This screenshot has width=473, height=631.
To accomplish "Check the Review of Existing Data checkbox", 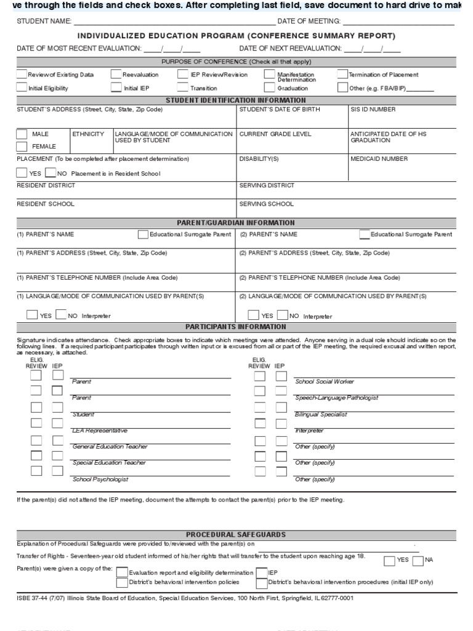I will [22, 75].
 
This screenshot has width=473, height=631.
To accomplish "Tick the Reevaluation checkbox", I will [116, 75].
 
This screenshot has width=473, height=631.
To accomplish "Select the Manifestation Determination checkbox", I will [269, 75].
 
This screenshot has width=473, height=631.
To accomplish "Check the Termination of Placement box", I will [342, 75].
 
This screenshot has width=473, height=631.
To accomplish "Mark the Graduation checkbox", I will [269, 88].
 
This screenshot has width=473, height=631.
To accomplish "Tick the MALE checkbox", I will [22, 134].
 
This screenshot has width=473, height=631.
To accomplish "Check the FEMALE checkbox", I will [22, 147].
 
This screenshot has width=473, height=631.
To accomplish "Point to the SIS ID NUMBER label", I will [373, 110].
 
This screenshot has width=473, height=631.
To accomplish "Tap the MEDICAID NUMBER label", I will [378, 159].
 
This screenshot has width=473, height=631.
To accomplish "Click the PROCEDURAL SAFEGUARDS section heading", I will [236, 535].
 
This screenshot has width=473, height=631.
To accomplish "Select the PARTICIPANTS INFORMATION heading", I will [236, 327].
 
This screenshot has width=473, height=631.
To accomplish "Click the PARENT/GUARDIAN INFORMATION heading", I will [236, 223].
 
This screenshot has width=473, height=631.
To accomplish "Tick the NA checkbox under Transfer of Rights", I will [418, 560].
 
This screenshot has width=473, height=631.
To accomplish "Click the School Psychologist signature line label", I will [100, 479].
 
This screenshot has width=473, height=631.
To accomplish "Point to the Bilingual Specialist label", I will [321, 415].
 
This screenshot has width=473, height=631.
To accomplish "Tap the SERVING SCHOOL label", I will [267, 204].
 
